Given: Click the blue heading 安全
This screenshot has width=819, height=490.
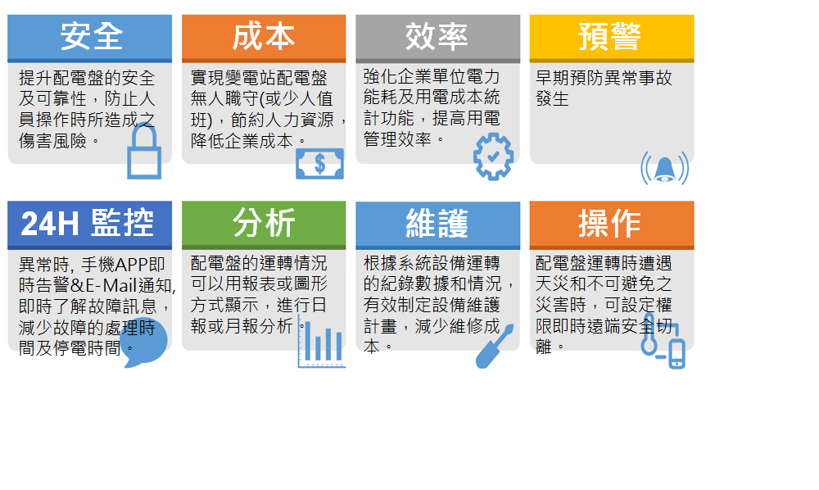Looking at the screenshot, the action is click(92, 36).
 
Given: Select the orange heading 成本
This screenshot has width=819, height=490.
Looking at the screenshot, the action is click(264, 36).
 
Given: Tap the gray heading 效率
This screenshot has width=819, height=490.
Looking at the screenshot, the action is click(437, 36).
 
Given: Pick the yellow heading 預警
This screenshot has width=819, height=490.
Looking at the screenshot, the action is click(609, 36).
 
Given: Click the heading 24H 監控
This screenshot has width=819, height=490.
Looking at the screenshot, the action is click(88, 223).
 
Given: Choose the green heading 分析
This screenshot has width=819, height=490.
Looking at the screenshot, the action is click(264, 223).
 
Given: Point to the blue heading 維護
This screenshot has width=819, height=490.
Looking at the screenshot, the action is click(437, 223).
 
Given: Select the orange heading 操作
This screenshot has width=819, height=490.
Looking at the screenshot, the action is click(609, 223).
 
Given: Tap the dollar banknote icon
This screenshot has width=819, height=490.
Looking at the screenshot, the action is click(319, 164).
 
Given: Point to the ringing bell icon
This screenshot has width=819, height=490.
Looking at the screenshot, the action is click(664, 168).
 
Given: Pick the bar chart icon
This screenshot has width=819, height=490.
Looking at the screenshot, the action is click(321, 343).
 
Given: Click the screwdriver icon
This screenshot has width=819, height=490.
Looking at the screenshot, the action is click(494, 347).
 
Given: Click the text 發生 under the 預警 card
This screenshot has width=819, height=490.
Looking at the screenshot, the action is click(552, 98).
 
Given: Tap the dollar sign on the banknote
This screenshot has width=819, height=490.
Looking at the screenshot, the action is click(319, 164).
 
